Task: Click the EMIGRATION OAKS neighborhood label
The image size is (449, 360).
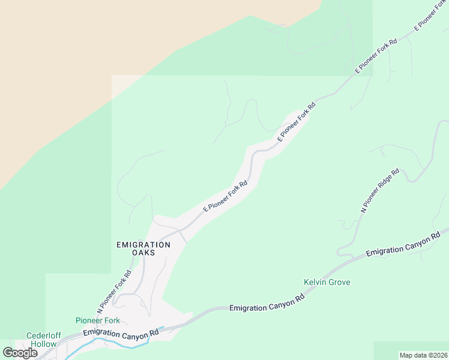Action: tap(143, 248)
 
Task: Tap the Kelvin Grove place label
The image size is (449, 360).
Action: tap(327, 282)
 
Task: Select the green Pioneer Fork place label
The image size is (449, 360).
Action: tap(98, 320)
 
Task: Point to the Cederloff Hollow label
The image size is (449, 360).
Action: tap(41, 340)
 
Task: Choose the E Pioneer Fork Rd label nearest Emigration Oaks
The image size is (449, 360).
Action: tap(225, 197)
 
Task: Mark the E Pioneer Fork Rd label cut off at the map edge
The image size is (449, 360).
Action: tap(431, 16)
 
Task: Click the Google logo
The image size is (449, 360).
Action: tap(20, 353)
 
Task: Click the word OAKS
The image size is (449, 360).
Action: tap(143, 253)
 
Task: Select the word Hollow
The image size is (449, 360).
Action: tap(45, 344)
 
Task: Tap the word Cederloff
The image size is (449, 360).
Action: tap(41, 335)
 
